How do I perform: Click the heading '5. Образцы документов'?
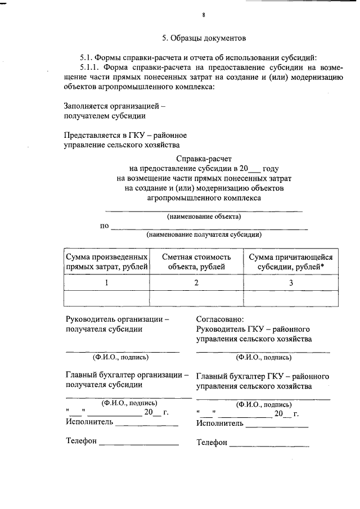(204, 39)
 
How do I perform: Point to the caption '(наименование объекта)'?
(204, 216)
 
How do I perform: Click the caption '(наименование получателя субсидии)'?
(204, 235)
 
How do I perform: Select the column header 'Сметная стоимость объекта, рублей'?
(196, 262)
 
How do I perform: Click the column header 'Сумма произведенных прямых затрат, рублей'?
(107, 262)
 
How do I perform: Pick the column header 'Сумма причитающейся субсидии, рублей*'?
(291, 262)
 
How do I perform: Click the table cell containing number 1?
(107, 283)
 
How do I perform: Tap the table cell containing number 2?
(196, 283)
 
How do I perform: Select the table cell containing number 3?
(291, 283)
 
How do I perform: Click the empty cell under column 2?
(196, 299)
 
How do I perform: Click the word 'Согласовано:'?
(220, 319)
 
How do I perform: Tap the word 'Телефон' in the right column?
(211, 443)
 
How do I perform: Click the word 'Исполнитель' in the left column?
(89, 422)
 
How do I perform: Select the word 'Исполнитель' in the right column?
(220, 423)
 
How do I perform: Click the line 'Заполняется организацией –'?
(115, 105)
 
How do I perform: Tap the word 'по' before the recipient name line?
(104, 226)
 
